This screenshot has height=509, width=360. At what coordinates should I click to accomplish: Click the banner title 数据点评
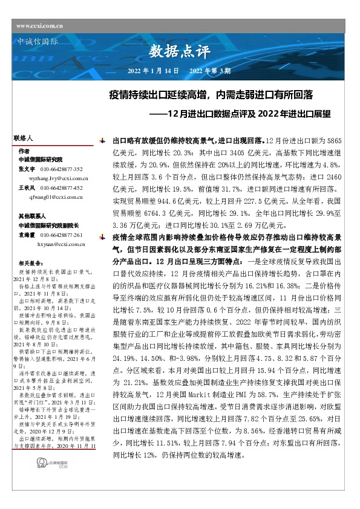(x=174, y=50)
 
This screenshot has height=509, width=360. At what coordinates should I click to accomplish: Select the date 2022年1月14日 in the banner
(x=153, y=71)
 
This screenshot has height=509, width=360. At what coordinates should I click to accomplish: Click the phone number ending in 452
(x=66, y=188)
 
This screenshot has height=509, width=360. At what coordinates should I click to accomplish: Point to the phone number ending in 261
(x=66, y=235)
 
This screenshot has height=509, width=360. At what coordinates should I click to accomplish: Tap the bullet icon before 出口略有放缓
(x=100, y=139)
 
